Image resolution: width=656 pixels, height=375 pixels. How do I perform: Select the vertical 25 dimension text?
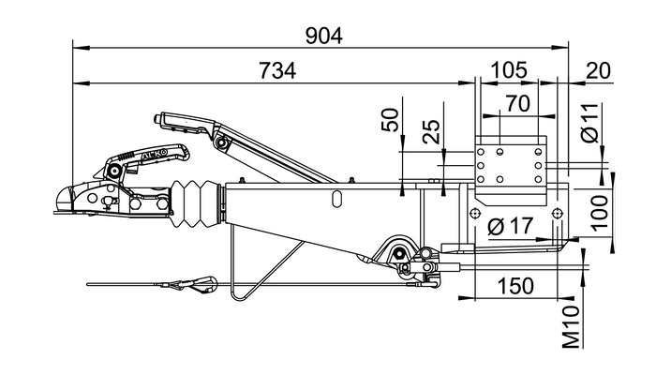pos(432,130)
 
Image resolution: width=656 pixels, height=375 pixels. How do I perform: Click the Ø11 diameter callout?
pos(589,122)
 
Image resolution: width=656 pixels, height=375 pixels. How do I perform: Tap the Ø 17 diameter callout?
pos(513,226)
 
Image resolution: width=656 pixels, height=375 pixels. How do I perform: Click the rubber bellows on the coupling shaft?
pos(198,203)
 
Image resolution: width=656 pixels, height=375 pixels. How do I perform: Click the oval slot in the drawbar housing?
pos(335,198)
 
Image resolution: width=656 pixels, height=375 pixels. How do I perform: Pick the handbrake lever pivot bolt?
pos(222,142)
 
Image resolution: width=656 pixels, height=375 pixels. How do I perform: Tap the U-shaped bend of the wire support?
pos(236,294)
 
